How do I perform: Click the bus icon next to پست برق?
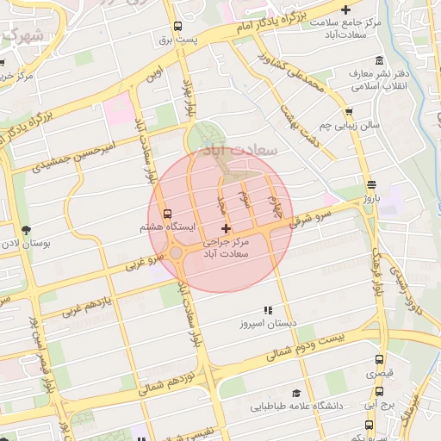[x=177, y=26]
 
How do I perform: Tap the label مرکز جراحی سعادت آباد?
[x=226, y=249]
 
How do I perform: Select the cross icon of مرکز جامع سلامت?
[x=345, y=9]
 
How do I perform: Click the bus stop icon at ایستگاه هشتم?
[x=166, y=213]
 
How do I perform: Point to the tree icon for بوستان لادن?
[x=27, y=230]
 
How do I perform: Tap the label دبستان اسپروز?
[x=268, y=324]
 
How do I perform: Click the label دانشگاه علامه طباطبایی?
[x=296, y=405]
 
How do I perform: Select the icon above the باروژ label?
[x=371, y=184]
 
